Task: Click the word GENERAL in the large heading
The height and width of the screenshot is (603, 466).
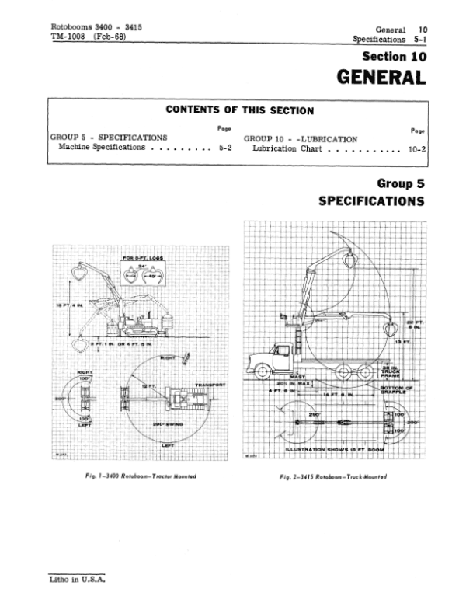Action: pos(381,78)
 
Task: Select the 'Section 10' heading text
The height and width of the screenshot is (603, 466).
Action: pos(395,56)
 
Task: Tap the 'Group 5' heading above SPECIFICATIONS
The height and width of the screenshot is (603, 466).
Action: pos(402,184)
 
